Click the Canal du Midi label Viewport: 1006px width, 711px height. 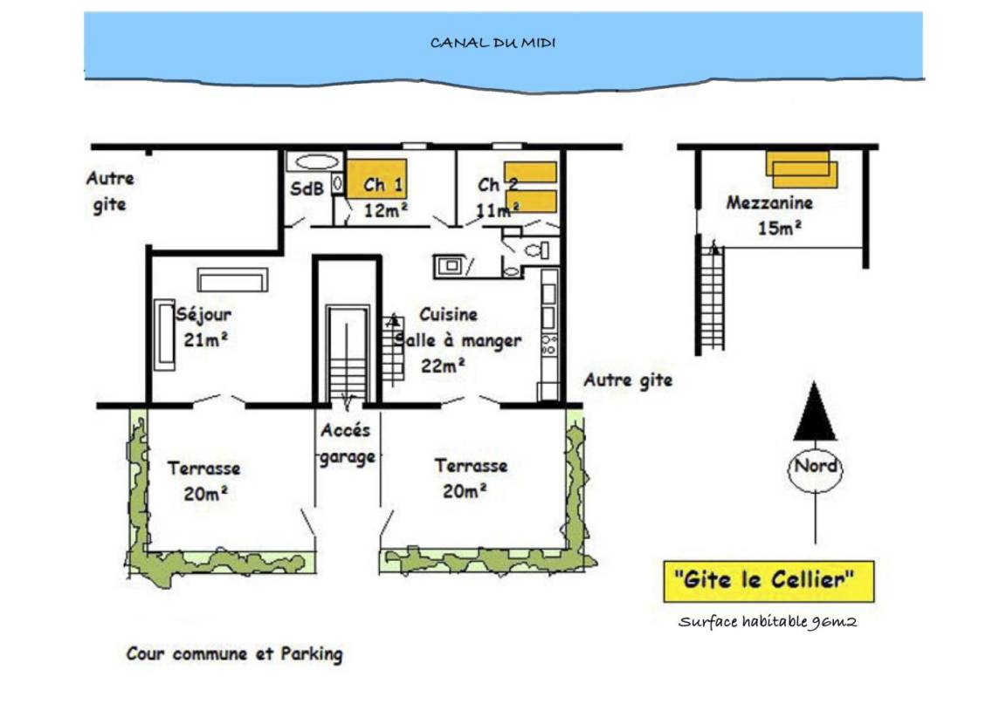point(493,43)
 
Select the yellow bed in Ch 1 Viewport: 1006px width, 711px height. point(376,179)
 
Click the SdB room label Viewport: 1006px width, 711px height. point(307,188)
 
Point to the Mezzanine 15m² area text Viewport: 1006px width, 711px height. point(770,215)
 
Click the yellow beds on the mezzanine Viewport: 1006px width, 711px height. point(802,169)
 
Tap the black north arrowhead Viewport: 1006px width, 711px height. point(814,411)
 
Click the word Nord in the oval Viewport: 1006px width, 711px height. point(815,466)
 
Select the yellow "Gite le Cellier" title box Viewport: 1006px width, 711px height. point(768,581)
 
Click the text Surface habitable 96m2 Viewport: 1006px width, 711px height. point(768,622)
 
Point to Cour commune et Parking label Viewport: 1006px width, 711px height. point(234,654)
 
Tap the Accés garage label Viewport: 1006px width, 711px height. point(347,444)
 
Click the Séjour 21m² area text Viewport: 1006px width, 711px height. point(204,327)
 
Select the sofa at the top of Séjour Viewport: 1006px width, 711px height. point(232,280)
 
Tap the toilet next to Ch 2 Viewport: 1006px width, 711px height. point(534,250)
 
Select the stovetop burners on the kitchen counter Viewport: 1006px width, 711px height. point(548,345)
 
